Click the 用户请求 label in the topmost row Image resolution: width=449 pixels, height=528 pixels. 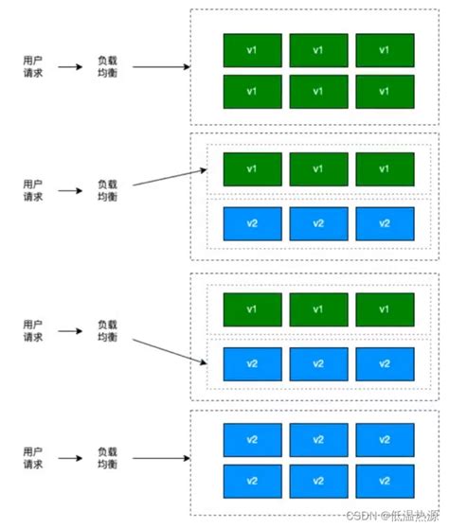click(x=32, y=67)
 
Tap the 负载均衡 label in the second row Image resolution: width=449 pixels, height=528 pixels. click(x=107, y=190)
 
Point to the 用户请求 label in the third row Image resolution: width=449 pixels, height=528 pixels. click(x=32, y=330)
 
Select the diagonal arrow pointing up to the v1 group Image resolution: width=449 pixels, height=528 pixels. click(x=170, y=179)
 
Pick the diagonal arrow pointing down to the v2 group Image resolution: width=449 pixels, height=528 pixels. click(x=170, y=345)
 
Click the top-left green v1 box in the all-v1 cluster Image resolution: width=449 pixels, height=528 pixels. click(x=252, y=50)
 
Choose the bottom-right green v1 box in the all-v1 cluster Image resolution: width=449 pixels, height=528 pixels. click(x=385, y=92)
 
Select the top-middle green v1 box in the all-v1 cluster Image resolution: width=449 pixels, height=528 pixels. click(x=318, y=50)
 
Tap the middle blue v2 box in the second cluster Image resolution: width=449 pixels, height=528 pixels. click(x=318, y=223)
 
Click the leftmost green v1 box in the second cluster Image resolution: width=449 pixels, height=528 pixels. click(x=252, y=168)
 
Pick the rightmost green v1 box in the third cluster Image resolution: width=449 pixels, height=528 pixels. click(x=385, y=308)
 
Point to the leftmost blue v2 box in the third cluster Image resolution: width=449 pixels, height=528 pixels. click(x=252, y=363)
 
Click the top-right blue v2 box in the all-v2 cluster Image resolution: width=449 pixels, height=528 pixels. click(x=385, y=440)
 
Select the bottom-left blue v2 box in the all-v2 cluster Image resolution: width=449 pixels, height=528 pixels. click(x=252, y=481)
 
